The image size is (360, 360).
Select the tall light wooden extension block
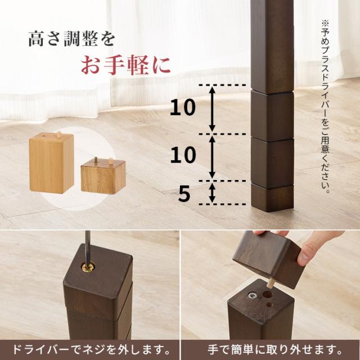(51, 163)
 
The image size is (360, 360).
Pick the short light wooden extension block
(102, 176)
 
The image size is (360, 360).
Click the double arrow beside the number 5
(211, 192)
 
